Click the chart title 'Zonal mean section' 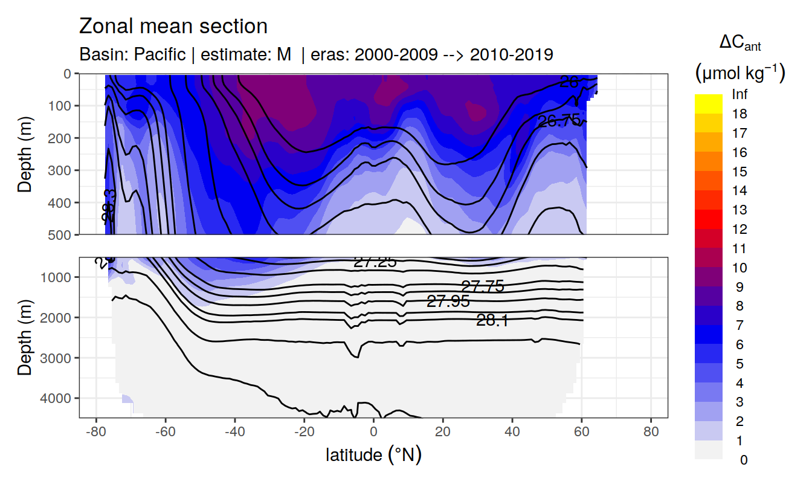(x=173, y=27)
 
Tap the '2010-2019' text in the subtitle (x=511, y=54)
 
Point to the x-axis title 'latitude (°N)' (x=373, y=454)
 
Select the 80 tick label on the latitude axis (x=651, y=433)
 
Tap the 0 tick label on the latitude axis (x=374, y=433)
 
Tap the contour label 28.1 (x=492, y=321)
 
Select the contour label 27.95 (x=448, y=302)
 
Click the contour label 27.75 (x=482, y=286)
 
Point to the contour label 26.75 (x=559, y=121)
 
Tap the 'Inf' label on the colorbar (x=739, y=95)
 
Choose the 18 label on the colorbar (x=739, y=114)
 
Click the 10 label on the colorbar (x=739, y=268)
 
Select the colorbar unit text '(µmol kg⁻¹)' (x=739, y=74)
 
